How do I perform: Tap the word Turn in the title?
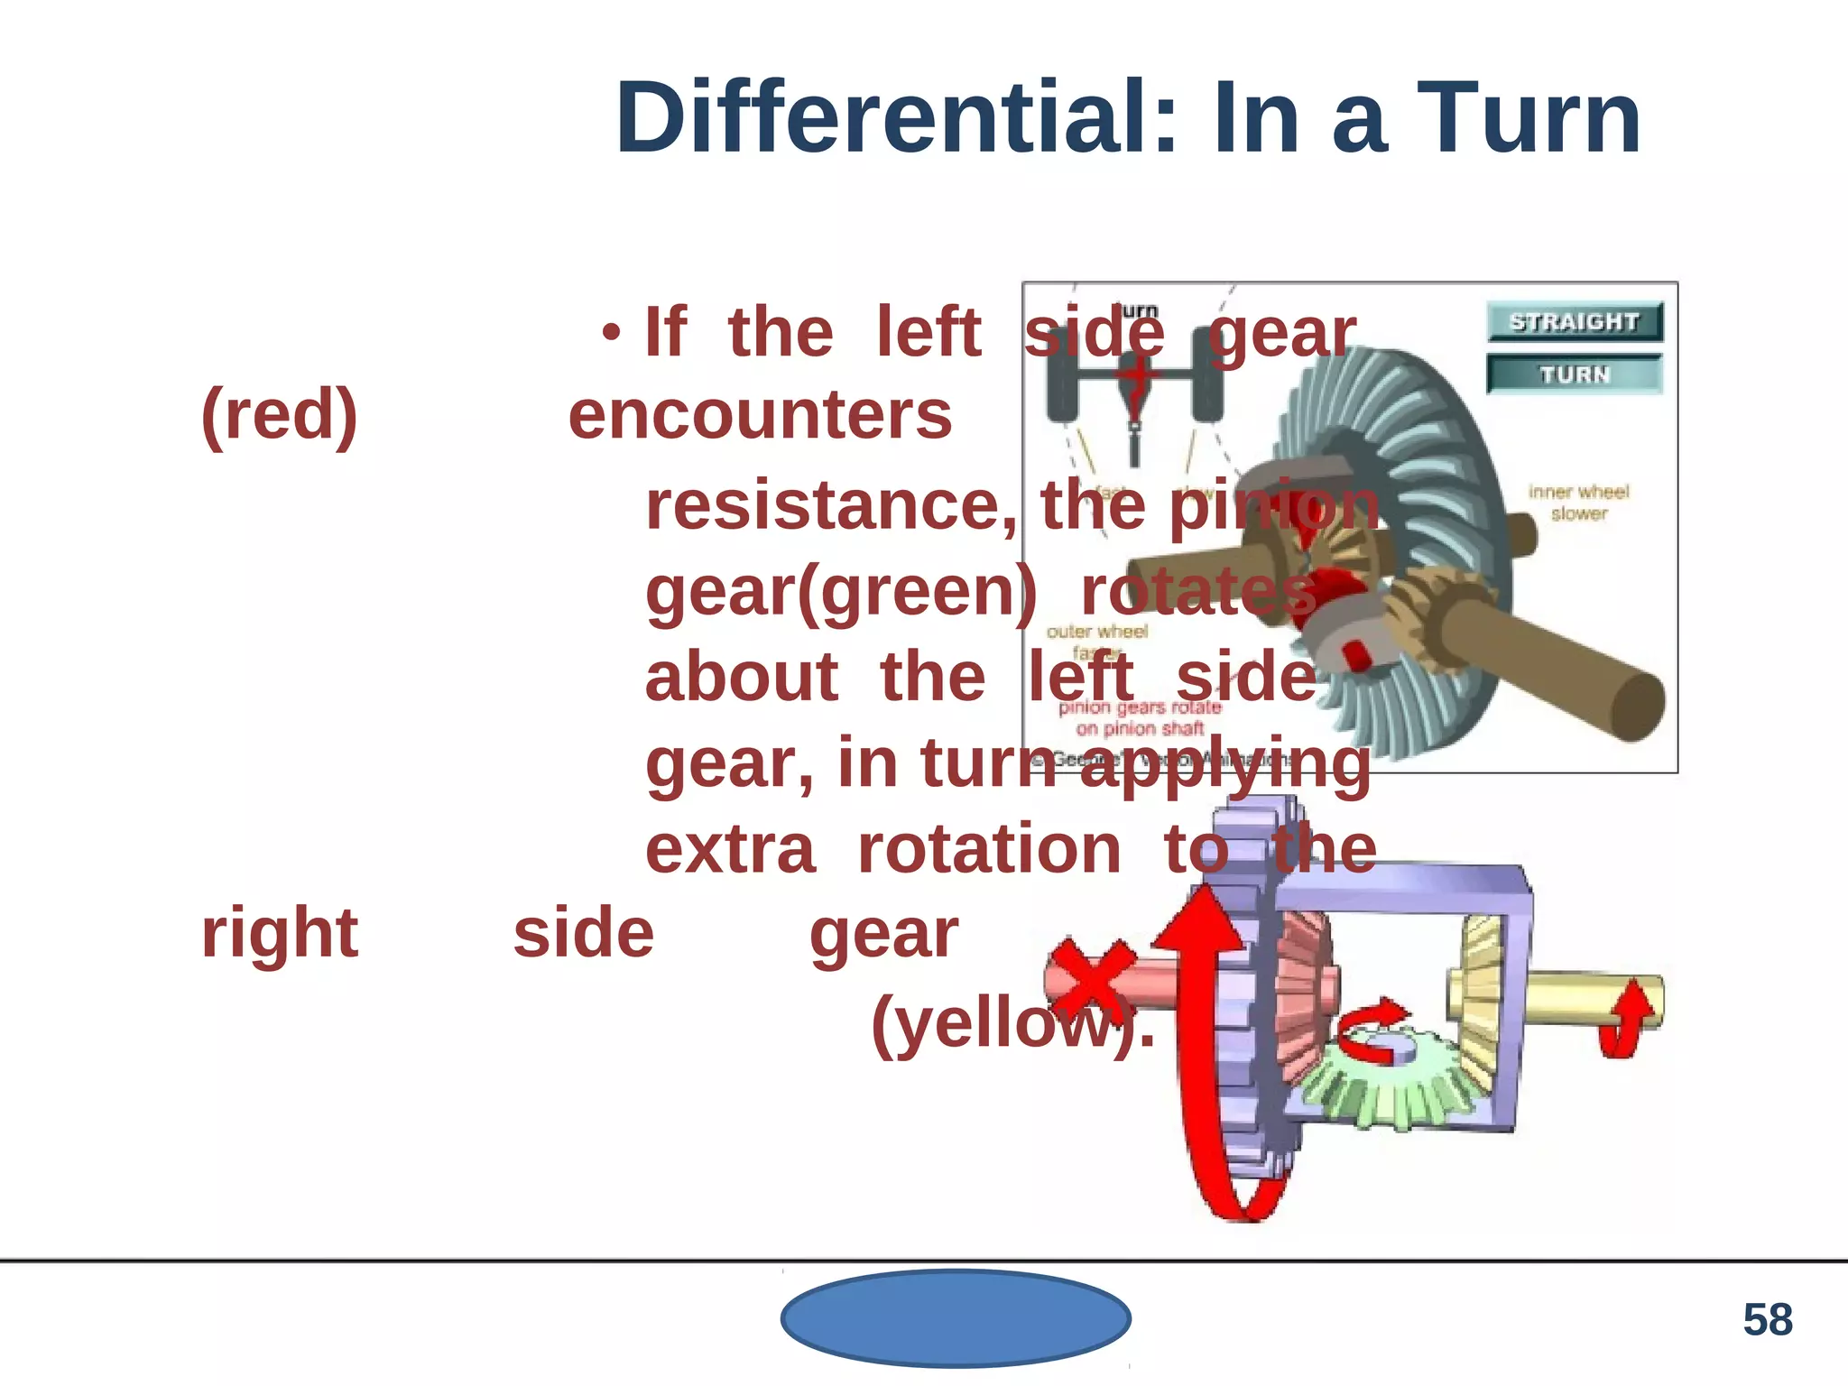click(x=1529, y=118)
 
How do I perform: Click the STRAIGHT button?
click(x=1574, y=321)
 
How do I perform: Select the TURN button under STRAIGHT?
click(x=1574, y=374)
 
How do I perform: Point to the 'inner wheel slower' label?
click(x=1578, y=503)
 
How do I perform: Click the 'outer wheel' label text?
click(x=1096, y=632)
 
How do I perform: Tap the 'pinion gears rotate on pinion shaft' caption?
click(x=1140, y=717)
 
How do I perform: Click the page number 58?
click(x=1767, y=1319)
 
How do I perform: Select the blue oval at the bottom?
click(x=956, y=1318)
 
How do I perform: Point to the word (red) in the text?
click(x=280, y=415)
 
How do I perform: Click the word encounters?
click(x=760, y=415)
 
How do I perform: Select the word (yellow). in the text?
click(x=1012, y=1024)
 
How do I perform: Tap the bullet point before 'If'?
click(x=612, y=333)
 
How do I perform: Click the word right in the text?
click(x=280, y=933)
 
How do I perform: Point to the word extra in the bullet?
click(x=730, y=849)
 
